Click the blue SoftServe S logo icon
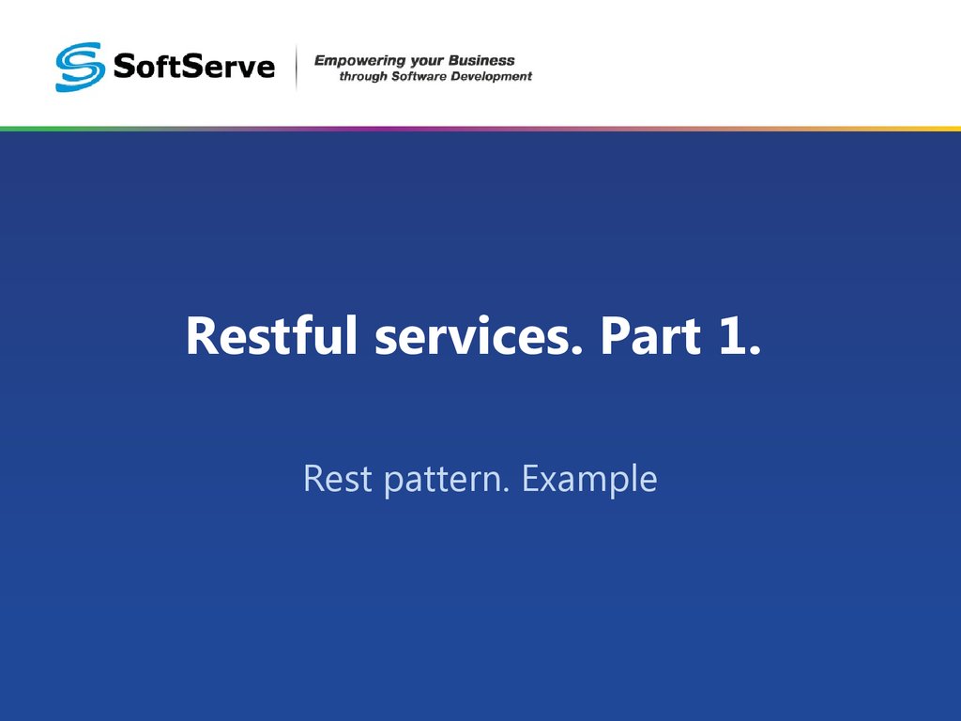coord(79,67)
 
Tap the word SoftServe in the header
coord(193,68)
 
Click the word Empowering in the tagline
coord(353,61)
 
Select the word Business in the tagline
coord(481,61)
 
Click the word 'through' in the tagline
coord(361,77)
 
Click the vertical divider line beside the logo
coord(297,68)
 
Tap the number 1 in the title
coord(736,336)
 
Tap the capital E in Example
coord(531,479)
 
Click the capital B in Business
coord(455,61)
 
